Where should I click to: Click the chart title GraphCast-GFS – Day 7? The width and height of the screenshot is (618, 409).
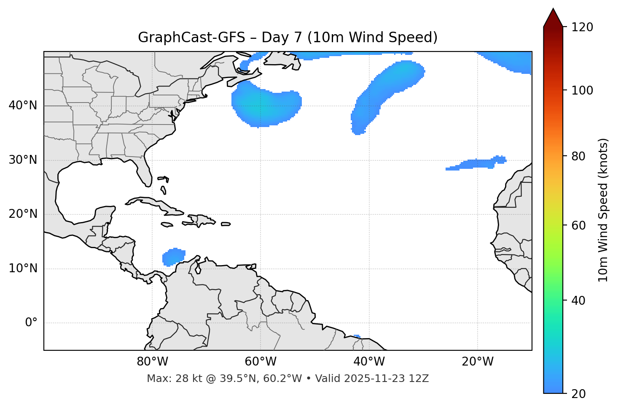tap(288, 38)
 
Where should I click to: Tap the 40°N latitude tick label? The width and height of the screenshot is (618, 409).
tap(23, 106)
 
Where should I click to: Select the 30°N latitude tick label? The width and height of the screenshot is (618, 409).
tap(23, 160)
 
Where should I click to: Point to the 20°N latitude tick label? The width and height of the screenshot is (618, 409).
tap(23, 214)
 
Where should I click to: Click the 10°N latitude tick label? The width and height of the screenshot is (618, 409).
tap(23, 268)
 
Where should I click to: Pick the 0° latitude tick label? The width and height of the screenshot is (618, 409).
tap(31, 323)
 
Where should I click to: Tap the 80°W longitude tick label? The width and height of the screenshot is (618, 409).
tap(152, 362)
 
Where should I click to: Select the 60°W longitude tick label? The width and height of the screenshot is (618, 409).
tap(261, 362)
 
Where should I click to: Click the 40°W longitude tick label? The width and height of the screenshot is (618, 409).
tap(369, 362)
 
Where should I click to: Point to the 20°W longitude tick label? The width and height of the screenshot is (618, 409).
tap(477, 362)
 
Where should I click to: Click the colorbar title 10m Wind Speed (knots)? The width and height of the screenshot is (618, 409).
tap(603, 210)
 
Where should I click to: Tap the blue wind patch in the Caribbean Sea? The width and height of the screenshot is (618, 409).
tap(173, 257)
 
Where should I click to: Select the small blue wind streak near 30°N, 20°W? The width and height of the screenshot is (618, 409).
tap(476, 164)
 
